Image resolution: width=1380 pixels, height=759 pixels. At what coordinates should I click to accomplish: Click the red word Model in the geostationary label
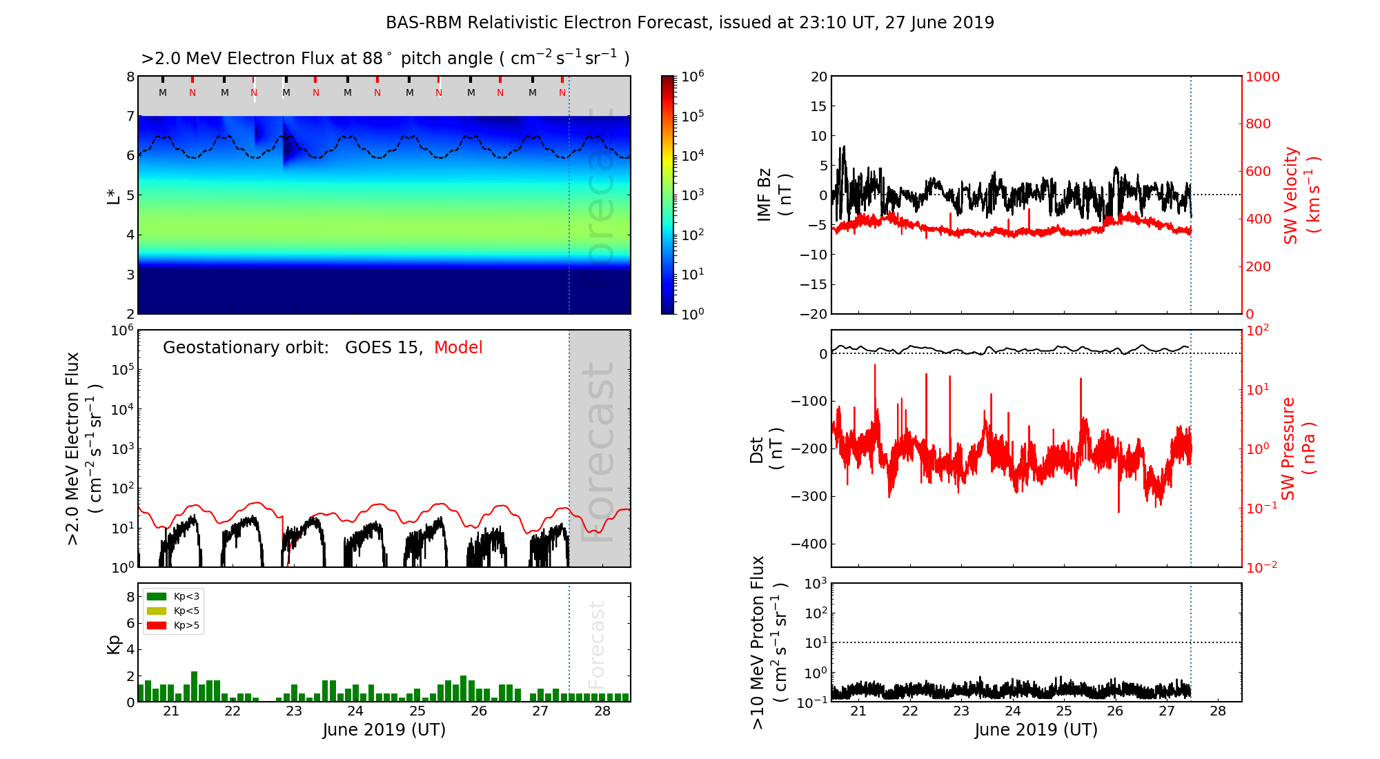pyautogui.click(x=458, y=348)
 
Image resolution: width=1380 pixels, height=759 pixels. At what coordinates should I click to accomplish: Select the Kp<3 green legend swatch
pyautogui.click(x=157, y=596)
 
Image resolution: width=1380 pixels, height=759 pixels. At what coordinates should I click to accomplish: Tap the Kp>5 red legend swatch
pyautogui.click(x=157, y=626)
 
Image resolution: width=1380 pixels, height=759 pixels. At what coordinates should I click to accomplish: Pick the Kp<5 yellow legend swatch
pyautogui.click(x=157, y=611)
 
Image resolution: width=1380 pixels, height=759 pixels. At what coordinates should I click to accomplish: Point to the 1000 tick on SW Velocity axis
pyautogui.click(x=1262, y=77)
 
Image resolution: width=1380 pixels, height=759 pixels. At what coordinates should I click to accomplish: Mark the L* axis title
pyautogui.click(x=114, y=195)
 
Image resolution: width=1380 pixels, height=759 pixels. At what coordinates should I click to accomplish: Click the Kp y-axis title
pyautogui.click(x=114, y=644)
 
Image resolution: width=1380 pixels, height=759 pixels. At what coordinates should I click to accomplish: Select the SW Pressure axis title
pyautogui.click(x=1297, y=448)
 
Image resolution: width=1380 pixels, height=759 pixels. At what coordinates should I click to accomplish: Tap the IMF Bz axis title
pyautogui.click(x=774, y=195)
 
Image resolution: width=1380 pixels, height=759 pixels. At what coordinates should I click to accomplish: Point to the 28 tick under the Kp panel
pyautogui.click(x=602, y=711)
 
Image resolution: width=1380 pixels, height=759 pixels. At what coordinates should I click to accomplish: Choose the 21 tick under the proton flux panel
pyautogui.click(x=858, y=711)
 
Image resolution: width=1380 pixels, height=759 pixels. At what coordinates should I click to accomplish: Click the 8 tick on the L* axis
pyautogui.click(x=130, y=77)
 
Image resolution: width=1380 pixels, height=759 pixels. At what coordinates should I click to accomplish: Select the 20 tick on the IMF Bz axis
pyautogui.click(x=818, y=77)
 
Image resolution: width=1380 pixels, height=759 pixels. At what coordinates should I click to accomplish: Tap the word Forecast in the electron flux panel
pyautogui.click(x=598, y=452)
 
